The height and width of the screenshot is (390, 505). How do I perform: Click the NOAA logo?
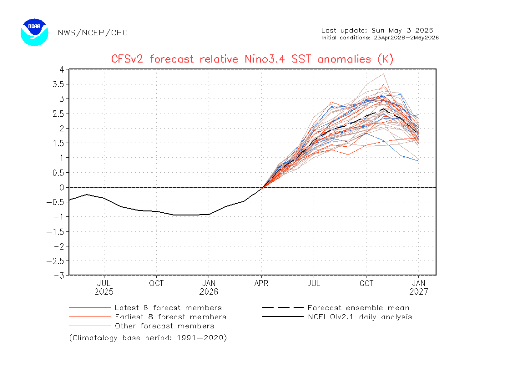(34, 32)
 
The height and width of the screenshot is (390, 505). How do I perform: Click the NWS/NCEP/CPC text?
(93, 33)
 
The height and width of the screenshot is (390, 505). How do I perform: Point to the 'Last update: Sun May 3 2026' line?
(377, 31)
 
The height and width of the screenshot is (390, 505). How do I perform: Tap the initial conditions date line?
(380, 38)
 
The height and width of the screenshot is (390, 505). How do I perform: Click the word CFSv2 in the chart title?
(127, 59)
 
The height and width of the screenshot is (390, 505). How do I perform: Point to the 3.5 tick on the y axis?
(58, 84)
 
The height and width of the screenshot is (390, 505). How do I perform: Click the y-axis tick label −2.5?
(56, 261)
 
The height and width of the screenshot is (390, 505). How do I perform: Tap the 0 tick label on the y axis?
(62, 187)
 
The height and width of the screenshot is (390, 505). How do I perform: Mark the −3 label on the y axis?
(58, 276)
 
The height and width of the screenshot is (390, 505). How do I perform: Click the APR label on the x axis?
(261, 283)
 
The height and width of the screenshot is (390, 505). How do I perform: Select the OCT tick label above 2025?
(156, 283)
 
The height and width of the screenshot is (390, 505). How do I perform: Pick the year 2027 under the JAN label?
(419, 292)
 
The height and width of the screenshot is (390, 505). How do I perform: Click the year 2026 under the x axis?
(209, 292)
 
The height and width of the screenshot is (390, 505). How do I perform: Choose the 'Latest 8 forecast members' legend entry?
(145, 308)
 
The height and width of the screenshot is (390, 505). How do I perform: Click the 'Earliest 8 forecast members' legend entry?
(147, 317)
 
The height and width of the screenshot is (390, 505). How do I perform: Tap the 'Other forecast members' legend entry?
(141, 326)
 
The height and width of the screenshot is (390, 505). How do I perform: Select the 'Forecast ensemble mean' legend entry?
(335, 308)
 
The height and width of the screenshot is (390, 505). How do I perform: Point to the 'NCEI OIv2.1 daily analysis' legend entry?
(336, 317)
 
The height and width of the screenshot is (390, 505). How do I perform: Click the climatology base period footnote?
(148, 338)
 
